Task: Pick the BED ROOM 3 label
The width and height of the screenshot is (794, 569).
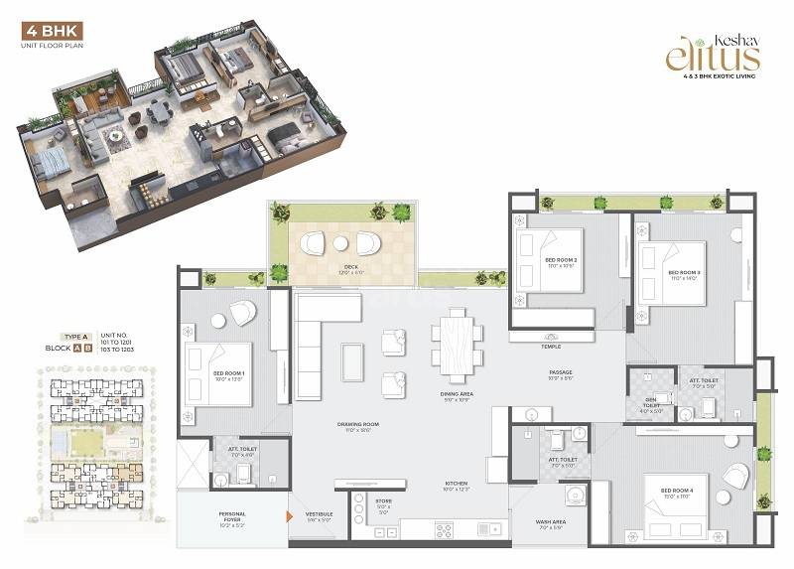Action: [x=684, y=274]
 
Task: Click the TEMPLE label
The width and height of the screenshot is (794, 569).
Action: [x=551, y=347]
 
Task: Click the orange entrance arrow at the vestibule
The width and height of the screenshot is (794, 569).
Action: [x=288, y=516]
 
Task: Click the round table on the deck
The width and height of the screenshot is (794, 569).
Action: [x=340, y=244]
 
